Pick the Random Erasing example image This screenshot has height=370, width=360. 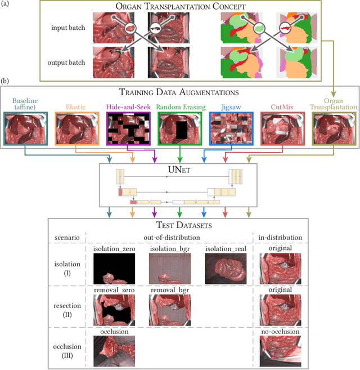coord(179,128)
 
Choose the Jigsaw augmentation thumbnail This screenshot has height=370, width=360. coord(231,128)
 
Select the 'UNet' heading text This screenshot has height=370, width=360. coord(179,168)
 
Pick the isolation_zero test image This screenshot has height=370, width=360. coord(114,269)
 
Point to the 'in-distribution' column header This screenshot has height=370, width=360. coord(281,238)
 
